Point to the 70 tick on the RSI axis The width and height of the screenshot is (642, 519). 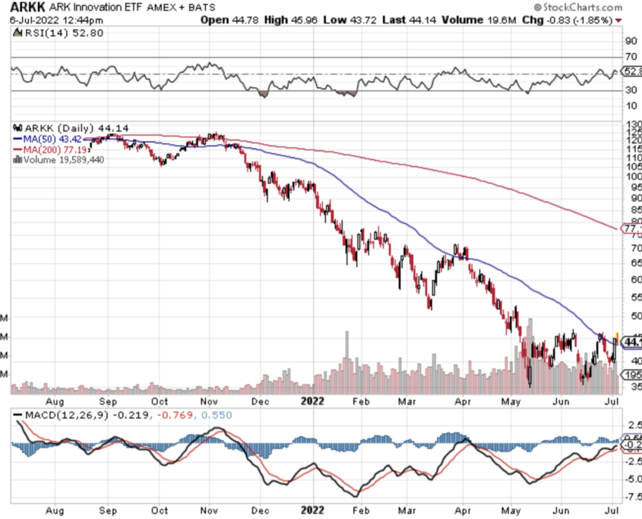[631, 57]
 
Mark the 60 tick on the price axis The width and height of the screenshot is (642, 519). [631, 278]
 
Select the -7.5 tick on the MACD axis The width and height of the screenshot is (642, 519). [631, 498]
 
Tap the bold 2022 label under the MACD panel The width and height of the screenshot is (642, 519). [313, 510]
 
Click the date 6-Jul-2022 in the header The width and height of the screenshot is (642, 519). [24, 19]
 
